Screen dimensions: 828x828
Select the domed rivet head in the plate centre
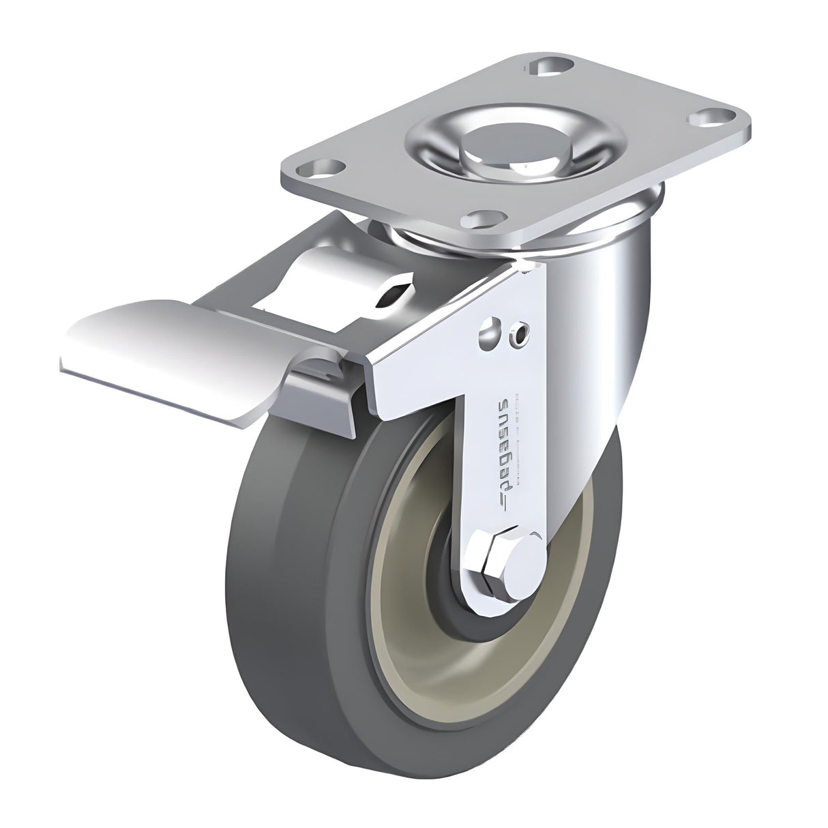[x=476, y=138]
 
